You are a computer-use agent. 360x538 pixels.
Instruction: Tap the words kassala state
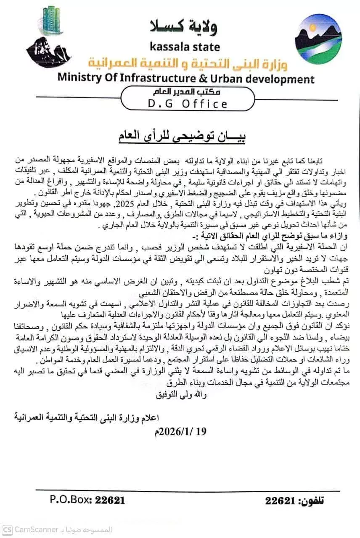(x=184, y=46)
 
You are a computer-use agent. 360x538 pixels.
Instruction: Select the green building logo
(x=53, y=21)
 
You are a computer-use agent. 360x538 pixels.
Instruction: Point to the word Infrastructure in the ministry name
(x=155, y=78)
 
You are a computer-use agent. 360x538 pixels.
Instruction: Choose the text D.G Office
(x=188, y=103)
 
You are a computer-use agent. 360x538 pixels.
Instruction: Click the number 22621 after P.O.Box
(x=110, y=500)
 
